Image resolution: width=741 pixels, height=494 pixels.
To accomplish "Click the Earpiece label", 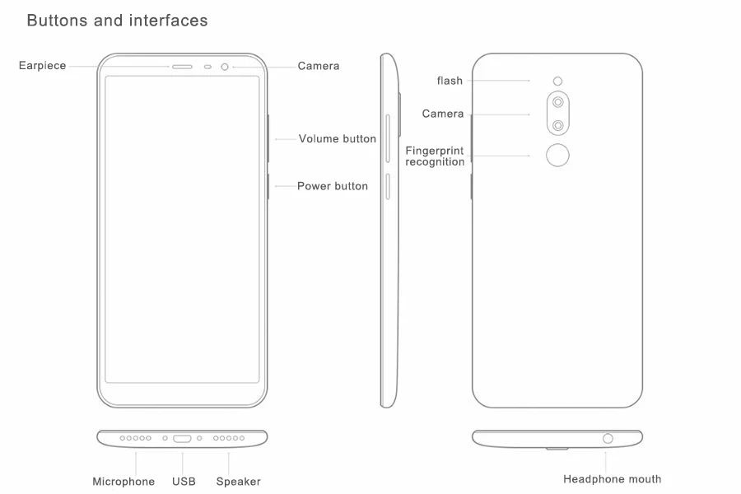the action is click(43, 66).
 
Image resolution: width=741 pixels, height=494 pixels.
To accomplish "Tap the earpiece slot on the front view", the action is click(182, 68).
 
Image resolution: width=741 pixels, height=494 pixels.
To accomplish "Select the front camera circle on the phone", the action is click(225, 68).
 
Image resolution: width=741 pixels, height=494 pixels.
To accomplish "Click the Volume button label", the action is click(338, 139).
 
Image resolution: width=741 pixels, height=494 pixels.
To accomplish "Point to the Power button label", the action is click(333, 186).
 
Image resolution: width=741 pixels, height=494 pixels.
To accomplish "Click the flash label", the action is click(450, 81).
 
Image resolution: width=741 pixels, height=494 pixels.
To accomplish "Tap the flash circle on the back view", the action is click(557, 82).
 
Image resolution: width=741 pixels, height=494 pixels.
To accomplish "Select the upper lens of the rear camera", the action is click(558, 102).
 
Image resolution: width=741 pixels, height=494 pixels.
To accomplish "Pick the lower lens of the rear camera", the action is click(558, 125).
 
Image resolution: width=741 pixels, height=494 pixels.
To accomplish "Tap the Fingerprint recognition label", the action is click(435, 156).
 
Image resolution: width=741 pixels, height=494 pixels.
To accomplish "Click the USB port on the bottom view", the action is click(182, 439).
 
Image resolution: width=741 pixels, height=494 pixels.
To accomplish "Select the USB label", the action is click(184, 482).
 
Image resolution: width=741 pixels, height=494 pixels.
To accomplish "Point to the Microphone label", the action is click(123, 482).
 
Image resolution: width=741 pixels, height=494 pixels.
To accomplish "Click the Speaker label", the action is click(239, 482).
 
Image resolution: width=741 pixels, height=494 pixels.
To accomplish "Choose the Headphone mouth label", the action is click(613, 479).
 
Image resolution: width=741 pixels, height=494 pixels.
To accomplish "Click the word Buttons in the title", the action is click(57, 21).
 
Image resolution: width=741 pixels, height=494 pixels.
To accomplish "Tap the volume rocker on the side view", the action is click(388, 138).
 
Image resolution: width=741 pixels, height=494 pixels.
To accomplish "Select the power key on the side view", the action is click(388, 186).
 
